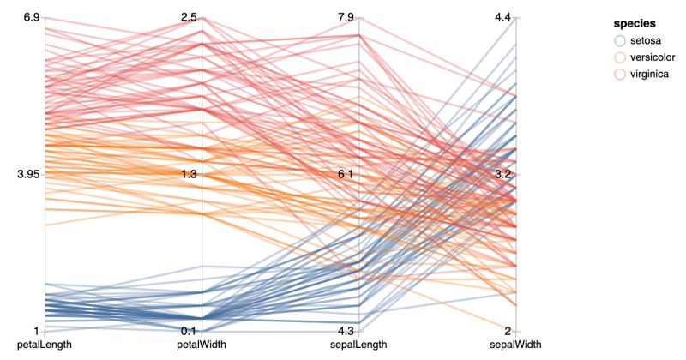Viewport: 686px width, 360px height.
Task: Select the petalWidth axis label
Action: pos(202,345)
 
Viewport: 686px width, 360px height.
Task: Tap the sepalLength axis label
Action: pos(359,345)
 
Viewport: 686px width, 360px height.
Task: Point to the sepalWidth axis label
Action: pos(516,345)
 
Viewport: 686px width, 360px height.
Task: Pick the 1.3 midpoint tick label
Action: pos(190,174)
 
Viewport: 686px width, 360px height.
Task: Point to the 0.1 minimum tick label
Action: pos(190,332)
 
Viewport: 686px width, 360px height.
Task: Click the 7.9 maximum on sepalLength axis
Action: pos(347,17)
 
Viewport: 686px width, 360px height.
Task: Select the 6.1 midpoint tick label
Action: pos(347,174)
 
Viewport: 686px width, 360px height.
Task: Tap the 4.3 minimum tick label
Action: pos(347,332)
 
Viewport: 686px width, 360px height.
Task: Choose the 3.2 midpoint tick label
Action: pos(504,174)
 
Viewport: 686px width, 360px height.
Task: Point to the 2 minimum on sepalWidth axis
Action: pos(508,332)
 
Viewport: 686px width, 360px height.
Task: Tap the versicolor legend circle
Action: pos(620,57)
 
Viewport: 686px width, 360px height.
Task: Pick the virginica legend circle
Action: pos(620,74)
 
